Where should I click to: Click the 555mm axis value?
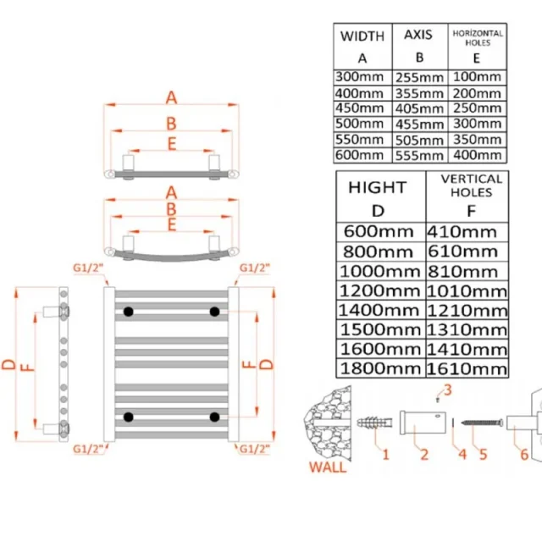[418, 155]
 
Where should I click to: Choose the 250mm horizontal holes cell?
[478, 108]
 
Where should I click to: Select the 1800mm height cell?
[379, 368]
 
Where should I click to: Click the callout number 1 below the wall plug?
[385, 455]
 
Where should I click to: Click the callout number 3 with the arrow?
[449, 390]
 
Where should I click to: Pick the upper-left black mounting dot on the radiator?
[128, 312]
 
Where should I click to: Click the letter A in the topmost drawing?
[170, 97]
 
